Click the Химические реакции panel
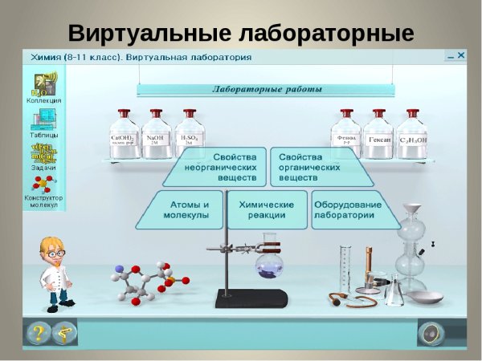267,209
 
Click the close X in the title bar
461,56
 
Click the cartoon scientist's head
55,252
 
